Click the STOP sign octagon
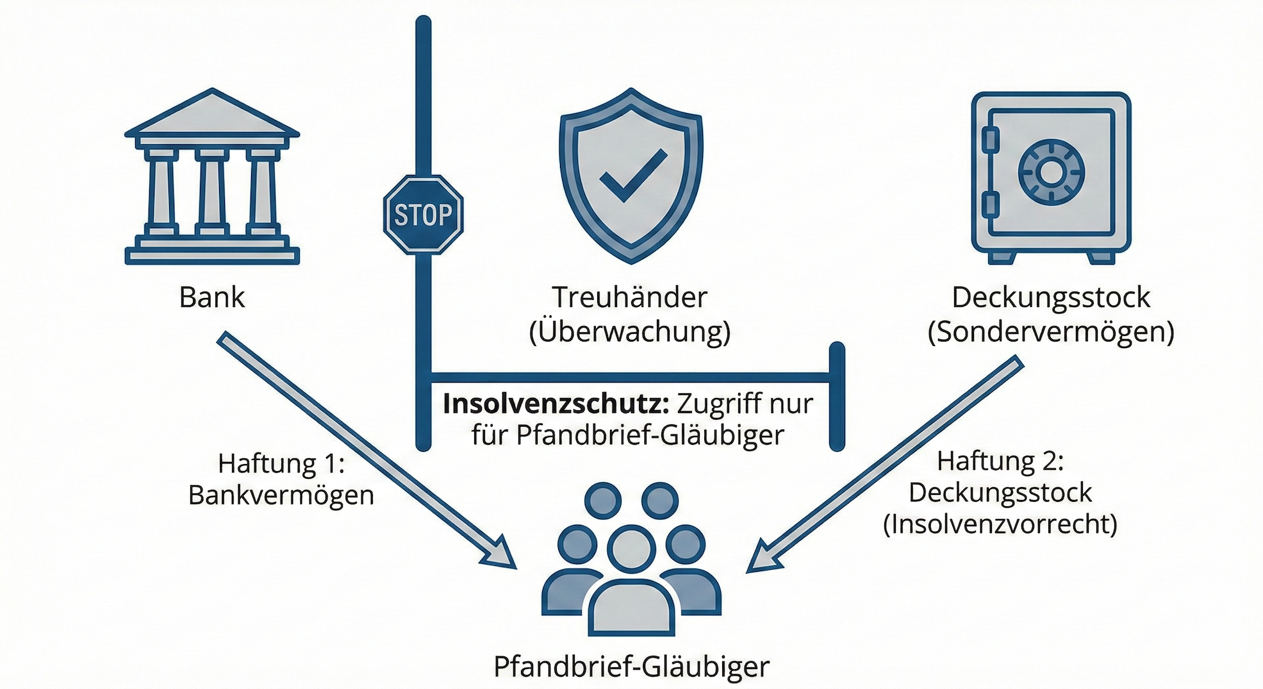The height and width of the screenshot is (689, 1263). [423, 215]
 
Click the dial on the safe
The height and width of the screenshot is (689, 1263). [1051, 172]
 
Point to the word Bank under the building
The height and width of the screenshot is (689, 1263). [212, 297]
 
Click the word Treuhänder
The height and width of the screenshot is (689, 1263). [629, 297]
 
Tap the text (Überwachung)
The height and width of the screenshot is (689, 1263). [629, 331]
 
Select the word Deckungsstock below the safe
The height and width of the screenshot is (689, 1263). [1051, 297]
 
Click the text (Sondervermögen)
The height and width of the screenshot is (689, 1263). [1051, 331]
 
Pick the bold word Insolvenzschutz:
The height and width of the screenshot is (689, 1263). [556, 404]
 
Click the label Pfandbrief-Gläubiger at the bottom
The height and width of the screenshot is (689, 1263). [631, 667]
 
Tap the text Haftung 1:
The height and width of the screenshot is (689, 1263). [281, 463]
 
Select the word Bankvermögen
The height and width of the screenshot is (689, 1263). [281, 495]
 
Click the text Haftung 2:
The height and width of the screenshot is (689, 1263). [1000, 461]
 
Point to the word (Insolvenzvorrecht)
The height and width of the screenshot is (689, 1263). [1000, 524]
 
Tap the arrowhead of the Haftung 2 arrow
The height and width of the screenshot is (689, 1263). [764, 556]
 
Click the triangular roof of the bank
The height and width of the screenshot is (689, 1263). [212, 115]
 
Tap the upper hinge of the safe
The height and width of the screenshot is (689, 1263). [990, 140]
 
